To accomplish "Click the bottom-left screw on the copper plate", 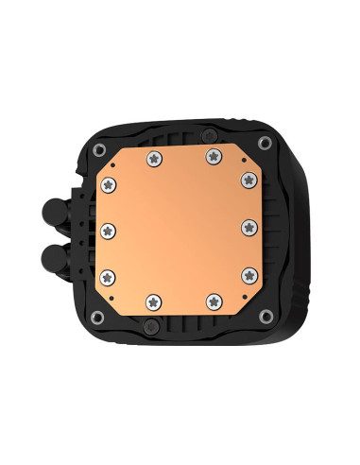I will click(152, 301).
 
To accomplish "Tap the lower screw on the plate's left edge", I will click(109, 275).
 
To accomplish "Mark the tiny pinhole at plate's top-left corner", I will click(112, 163).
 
